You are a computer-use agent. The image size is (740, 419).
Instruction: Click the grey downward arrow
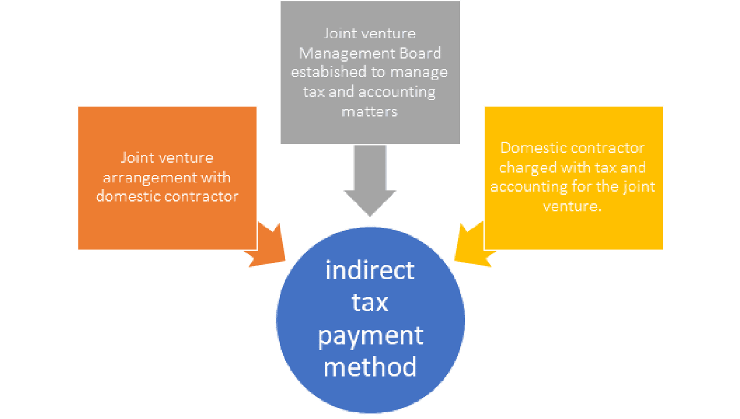tap(370, 179)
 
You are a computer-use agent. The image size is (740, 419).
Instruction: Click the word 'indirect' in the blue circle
tap(370, 271)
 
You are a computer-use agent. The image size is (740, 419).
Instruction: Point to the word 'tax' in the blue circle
tap(370, 303)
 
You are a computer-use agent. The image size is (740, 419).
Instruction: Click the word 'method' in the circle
tap(370, 367)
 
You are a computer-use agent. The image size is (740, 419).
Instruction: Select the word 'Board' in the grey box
tap(419, 53)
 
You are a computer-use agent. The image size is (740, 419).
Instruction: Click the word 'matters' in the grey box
tap(370, 112)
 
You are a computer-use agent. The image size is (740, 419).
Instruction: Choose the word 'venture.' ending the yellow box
tap(573, 206)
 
